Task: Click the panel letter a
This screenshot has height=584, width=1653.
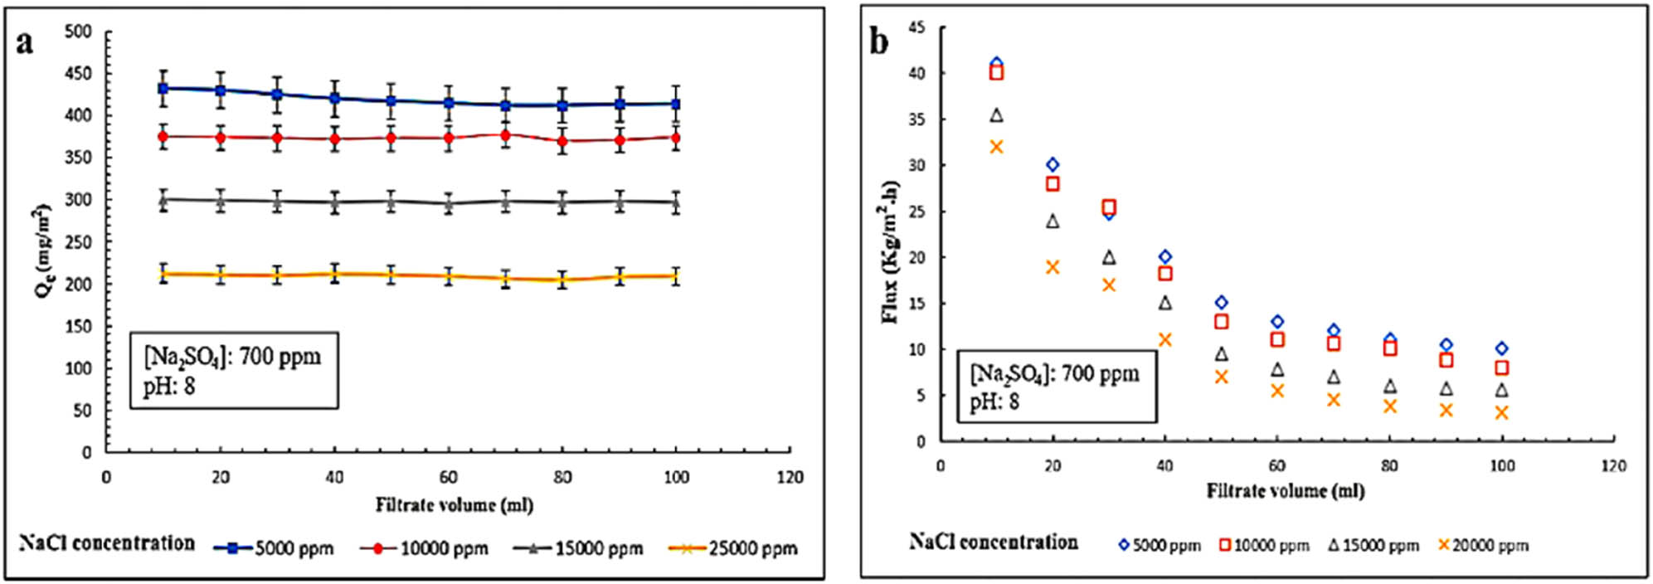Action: coord(25,41)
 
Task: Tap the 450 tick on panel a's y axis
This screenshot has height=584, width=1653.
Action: coord(78,73)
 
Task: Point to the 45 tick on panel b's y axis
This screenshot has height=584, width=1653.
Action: coord(916,27)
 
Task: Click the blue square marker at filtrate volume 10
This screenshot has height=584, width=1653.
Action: coord(163,88)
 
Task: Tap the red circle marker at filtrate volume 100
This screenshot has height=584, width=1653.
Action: coord(676,139)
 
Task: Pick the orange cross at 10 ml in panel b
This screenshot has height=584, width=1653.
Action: coord(996,147)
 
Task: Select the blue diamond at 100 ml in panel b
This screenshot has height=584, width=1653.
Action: coord(1501,348)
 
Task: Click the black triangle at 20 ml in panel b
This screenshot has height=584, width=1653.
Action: coord(1053,221)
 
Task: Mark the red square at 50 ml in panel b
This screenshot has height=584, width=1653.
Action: coord(1221,321)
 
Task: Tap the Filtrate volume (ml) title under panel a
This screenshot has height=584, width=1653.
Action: coord(454,504)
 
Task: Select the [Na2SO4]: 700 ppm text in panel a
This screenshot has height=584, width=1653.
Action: coord(232,358)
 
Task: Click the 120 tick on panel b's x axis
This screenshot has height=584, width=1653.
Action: coord(1613,465)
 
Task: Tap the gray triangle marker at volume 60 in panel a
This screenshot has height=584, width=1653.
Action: coord(449,202)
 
